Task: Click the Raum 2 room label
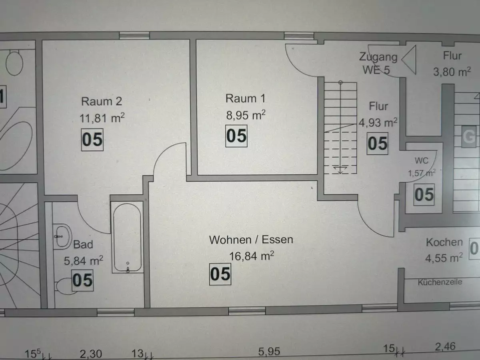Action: point(102,102)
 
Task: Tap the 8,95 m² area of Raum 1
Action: point(246,115)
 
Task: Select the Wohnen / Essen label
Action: point(251,240)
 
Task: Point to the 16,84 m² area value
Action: point(252,256)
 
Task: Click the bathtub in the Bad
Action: point(127,237)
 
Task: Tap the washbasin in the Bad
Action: point(62,236)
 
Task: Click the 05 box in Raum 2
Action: point(92,140)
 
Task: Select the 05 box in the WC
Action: point(424,194)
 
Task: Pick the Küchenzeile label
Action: point(440,282)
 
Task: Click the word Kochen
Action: point(444,242)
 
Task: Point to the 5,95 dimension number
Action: point(269,352)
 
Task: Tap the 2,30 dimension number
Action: point(91,354)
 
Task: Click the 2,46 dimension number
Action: point(445,347)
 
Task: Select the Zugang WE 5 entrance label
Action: point(378,63)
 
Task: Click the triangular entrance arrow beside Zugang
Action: point(409,60)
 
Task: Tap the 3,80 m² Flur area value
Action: point(452,72)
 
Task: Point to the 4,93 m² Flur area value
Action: point(378,123)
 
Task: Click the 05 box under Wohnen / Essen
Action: point(220,274)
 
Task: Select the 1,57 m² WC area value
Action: point(422,173)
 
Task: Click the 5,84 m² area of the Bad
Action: point(84,260)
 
